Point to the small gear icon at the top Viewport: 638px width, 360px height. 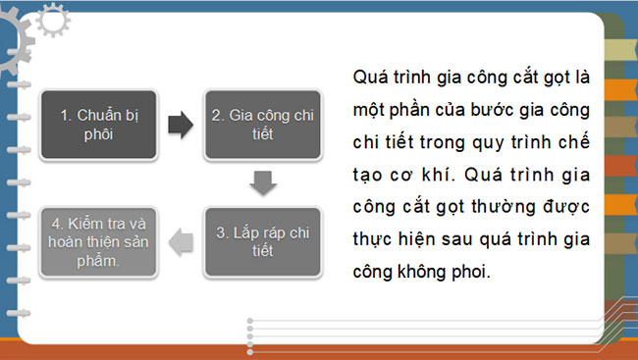point(50,18)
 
